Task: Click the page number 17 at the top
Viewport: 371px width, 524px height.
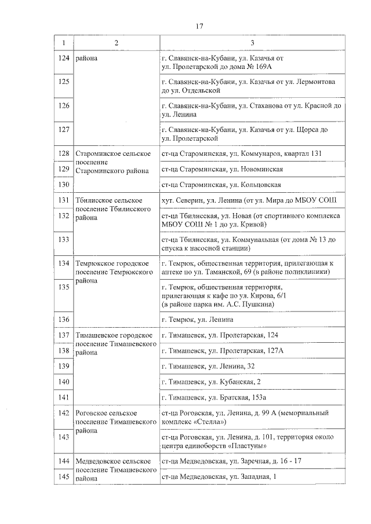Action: [199, 27]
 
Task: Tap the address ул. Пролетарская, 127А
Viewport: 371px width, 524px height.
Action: [223, 351]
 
